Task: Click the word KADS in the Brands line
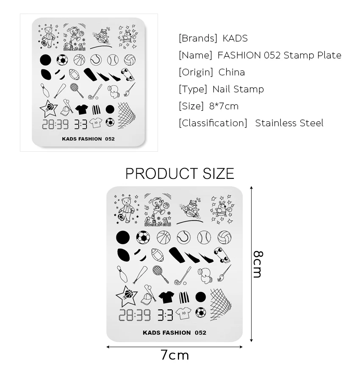coord(235,39)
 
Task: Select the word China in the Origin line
coord(232,72)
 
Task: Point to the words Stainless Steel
coord(289,123)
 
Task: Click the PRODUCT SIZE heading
coord(180,174)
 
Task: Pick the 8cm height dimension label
coord(258,264)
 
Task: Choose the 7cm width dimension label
coord(174,355)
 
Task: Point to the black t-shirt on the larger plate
coord(166,296)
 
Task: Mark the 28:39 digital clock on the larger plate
coord(134,315)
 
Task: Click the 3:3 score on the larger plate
coord(165,315)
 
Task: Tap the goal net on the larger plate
coord(221,303)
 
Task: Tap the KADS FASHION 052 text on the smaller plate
coord(88,139)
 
